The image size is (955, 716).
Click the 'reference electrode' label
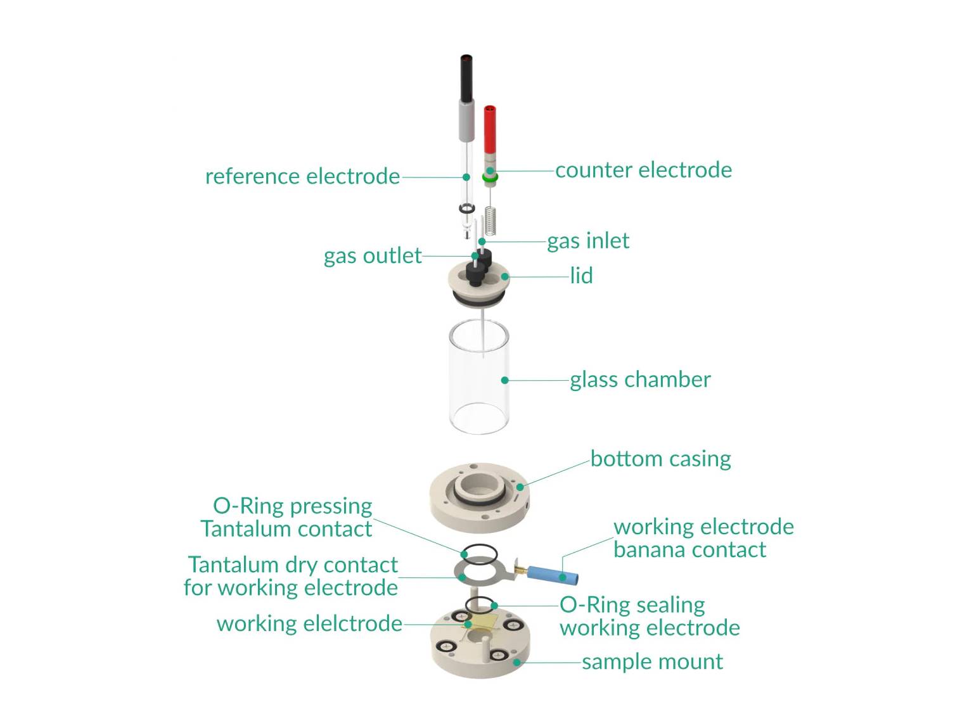tap(302, 176)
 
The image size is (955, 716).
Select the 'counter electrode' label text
tap(643, 170)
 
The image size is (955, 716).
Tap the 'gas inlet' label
tap(588, 241)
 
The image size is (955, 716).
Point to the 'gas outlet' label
tap(373, 256)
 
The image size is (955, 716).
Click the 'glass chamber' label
tap(640, 380)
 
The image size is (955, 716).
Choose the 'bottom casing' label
tap(660, 458)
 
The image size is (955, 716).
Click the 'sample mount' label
tap(652, 662)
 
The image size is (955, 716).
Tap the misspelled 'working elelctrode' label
tap(309, 623)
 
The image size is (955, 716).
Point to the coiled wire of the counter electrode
tap(490, 220)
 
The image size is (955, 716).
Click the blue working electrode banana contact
tap(553, 575)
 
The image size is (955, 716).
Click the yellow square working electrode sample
tap(484, 624)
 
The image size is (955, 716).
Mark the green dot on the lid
tap(504, 276)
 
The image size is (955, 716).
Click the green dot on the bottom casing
tap(520, 487)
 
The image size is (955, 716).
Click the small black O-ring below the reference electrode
tap(467, 208)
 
